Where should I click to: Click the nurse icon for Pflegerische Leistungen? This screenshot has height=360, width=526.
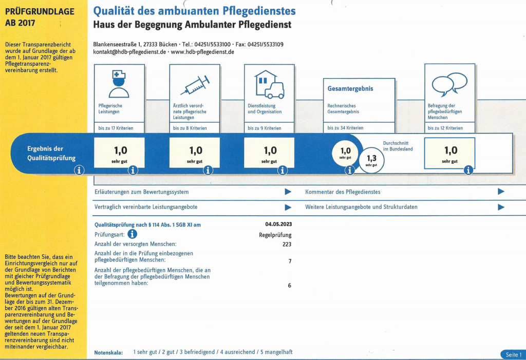click(119, 84)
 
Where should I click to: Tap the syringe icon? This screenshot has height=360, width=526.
click(194, 85)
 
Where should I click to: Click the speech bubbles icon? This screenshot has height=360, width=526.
click(449, 85)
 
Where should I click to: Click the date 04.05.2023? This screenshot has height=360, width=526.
click(278, 224)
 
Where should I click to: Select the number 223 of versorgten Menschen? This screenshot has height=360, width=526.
click(287, 244)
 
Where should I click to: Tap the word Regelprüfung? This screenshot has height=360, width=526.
click(275, 235)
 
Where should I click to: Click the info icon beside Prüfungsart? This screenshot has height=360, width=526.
click(132, 234)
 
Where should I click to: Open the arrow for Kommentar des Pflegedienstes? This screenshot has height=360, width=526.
click(501, 192)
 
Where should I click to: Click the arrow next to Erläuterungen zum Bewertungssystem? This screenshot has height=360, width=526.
click(288, 192)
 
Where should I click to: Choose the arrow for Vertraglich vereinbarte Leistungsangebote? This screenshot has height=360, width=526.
click(288, 207)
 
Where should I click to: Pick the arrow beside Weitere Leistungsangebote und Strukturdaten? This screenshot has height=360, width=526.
click(501, 207)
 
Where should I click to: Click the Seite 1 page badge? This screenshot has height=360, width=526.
click(513, 355)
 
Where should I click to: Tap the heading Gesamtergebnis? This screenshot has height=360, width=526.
click(350, 89)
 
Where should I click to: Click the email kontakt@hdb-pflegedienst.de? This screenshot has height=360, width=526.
click(129, 52)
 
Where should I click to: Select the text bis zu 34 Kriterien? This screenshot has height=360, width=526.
click(345, 128)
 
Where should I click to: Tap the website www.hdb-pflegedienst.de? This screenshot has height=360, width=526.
click(202, 52)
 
